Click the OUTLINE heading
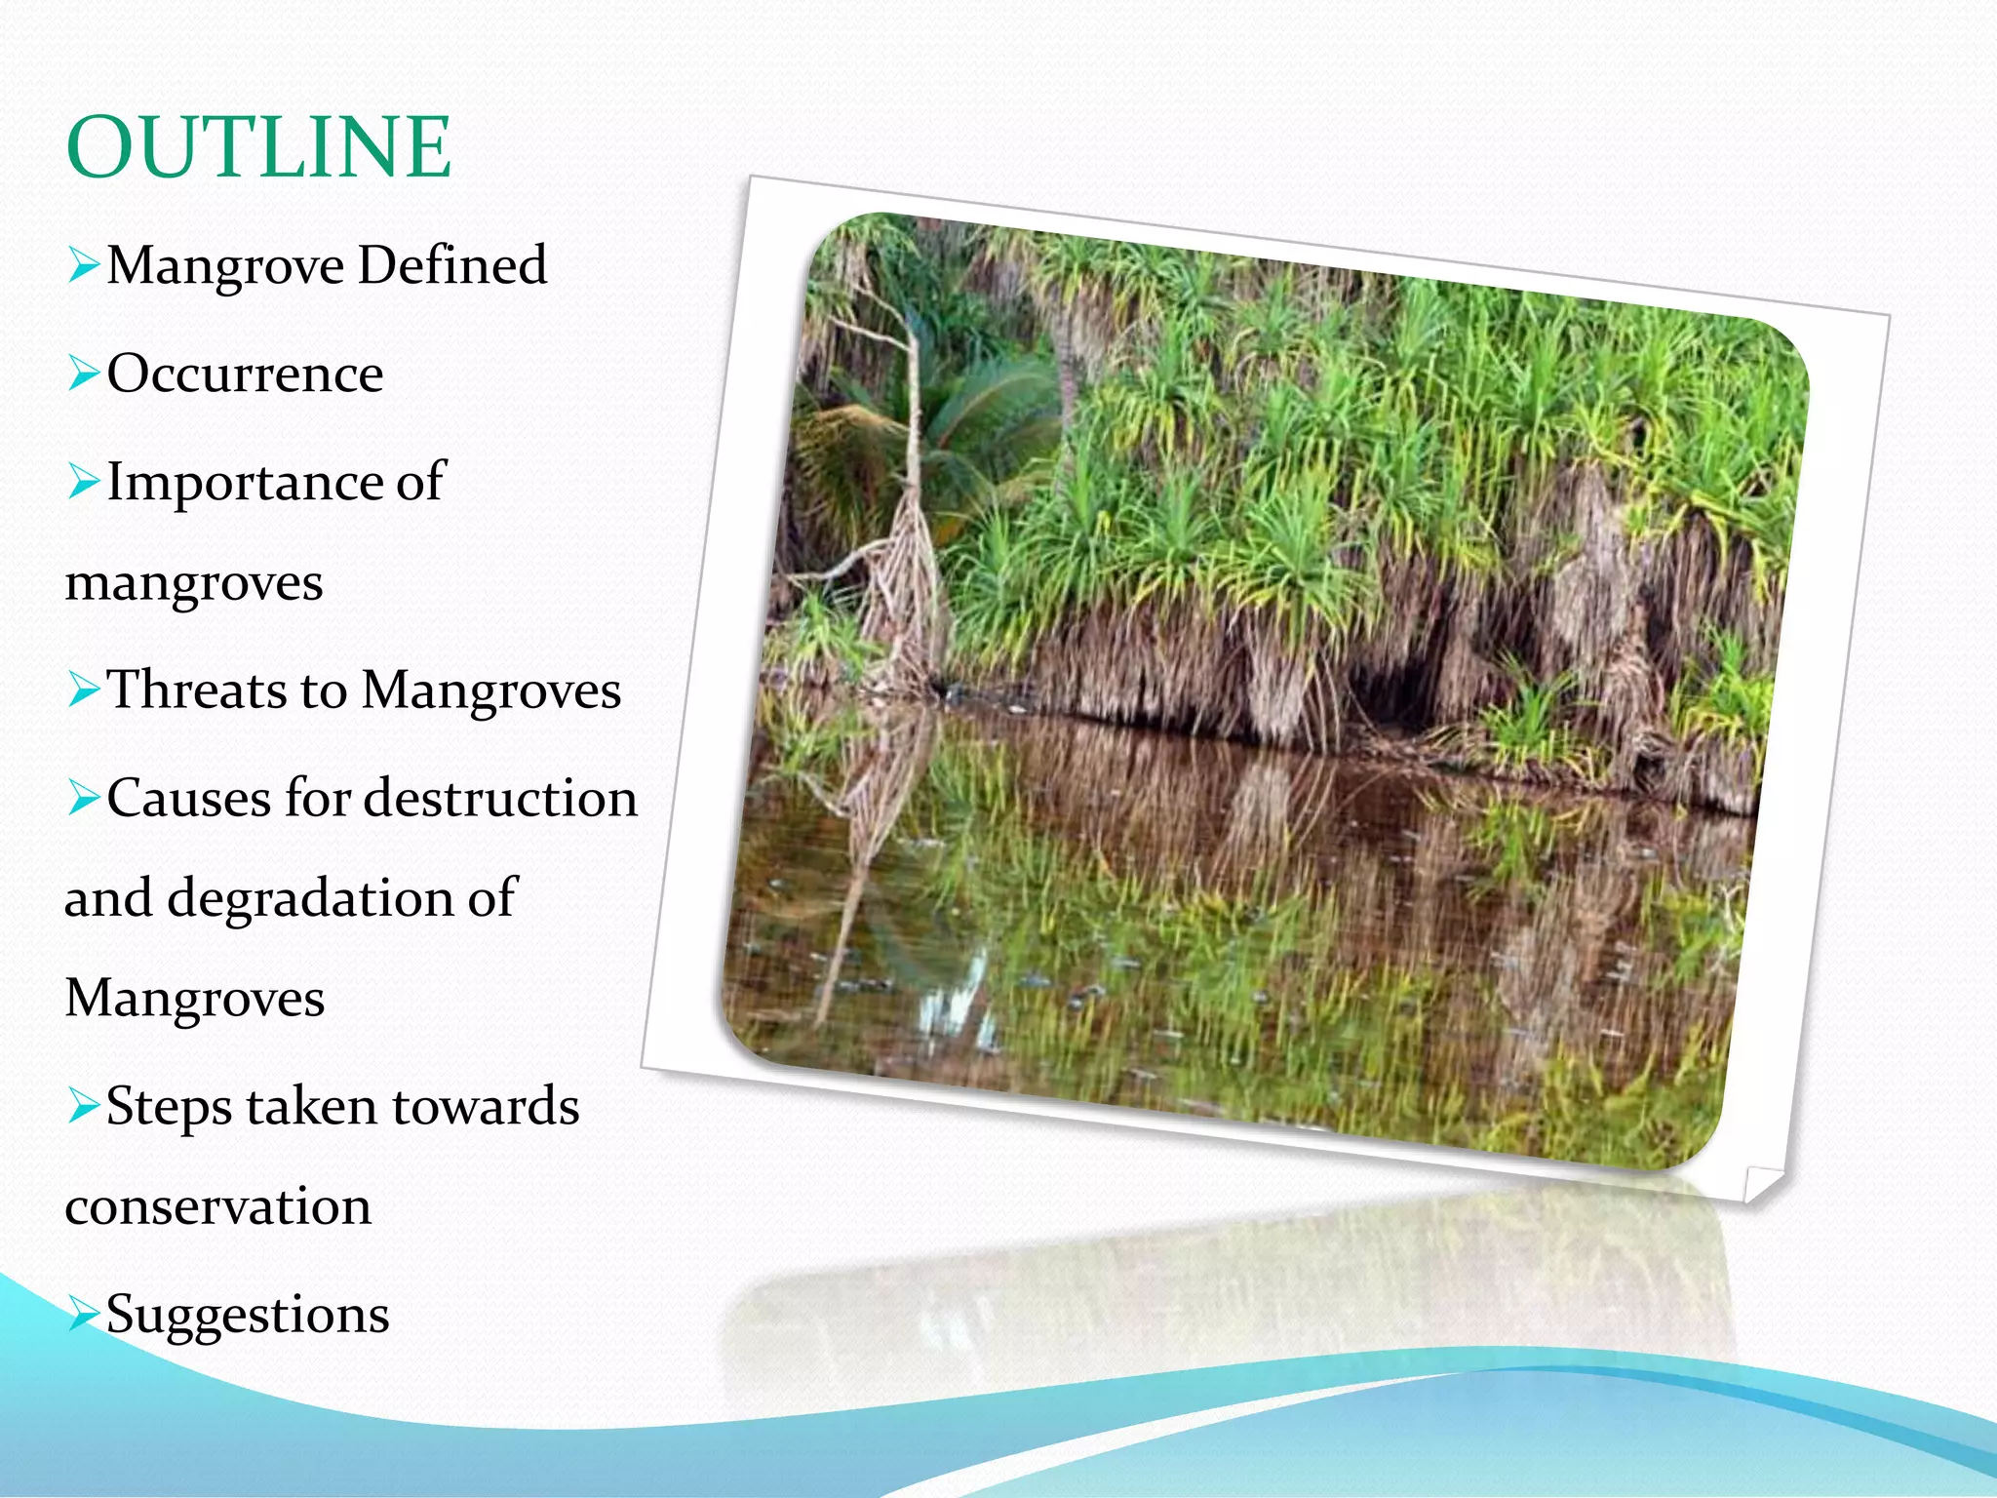click(x=258, y=147)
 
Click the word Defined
click(x=452, y=265)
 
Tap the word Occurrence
click(x=245, y=374)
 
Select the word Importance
click(x=244, y=483)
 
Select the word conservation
click(x=218, y=1206)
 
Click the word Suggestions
click(x=248, y=1315)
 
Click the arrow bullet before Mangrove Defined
click(x=84, y=265)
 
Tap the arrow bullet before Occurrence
click(x=84, y=374)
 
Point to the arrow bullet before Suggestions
click(x=84, y=1315)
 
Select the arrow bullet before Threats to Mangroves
click(x=84, y=690)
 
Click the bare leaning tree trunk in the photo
click(x=914, y=439)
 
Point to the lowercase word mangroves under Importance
click(x=194, y=583)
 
